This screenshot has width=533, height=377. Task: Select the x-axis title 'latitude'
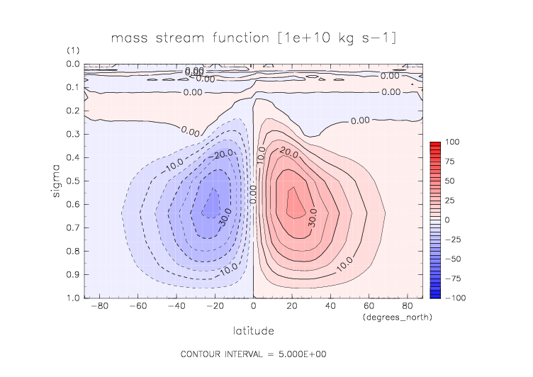[x=253, y=330]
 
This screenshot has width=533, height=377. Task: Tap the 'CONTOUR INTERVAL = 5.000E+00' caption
[x=253, y=354]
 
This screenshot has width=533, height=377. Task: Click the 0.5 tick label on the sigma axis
[x=74, y=181]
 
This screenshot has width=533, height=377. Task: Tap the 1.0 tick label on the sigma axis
[x=74, y=298]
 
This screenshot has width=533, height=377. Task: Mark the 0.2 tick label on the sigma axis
[x=74, y=111]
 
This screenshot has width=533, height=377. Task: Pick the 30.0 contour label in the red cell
[x=313, y=221]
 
